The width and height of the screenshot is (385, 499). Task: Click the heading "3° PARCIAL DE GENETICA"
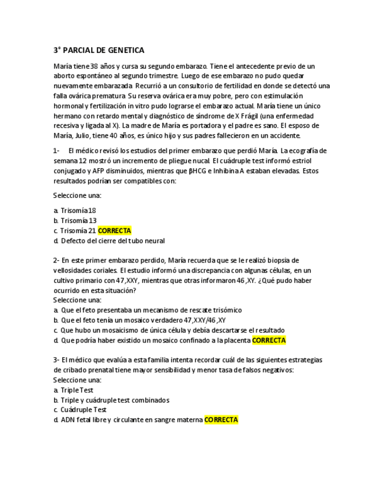[99, 50]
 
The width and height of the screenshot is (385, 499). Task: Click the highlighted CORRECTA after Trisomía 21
[114, 231]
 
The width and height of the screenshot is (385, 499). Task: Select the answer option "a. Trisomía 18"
[75, 211]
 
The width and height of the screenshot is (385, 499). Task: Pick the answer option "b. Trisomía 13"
[75, 221]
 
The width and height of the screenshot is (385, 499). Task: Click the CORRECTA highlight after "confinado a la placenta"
[269, 340]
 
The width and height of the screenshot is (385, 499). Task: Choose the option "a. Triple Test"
[73, 390]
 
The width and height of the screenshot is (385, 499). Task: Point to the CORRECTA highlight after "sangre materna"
[221, 420]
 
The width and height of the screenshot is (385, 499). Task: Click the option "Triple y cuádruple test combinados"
[115, 400]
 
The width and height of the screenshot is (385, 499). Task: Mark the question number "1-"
[56, 151]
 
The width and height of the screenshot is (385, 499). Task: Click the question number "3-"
[56, 360]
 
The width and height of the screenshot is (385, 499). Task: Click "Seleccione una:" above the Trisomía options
[77, 195]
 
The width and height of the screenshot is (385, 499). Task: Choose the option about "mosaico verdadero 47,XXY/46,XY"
[143, 320]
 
